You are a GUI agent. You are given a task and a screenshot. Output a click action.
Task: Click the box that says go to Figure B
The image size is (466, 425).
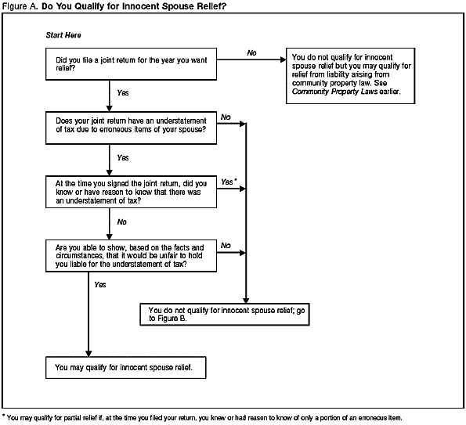coord(242,314)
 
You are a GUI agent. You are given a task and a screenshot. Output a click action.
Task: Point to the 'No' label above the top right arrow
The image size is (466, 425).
coord(251,52)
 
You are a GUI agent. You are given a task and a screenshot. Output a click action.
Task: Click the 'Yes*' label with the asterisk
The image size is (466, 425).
coord(229,181)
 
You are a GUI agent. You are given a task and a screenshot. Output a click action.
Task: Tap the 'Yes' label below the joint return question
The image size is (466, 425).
coord(123,92)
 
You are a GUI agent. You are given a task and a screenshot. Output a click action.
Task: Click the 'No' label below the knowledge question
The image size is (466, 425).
coord(122,222)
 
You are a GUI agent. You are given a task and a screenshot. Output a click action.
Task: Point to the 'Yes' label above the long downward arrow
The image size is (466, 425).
coord(99,285)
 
